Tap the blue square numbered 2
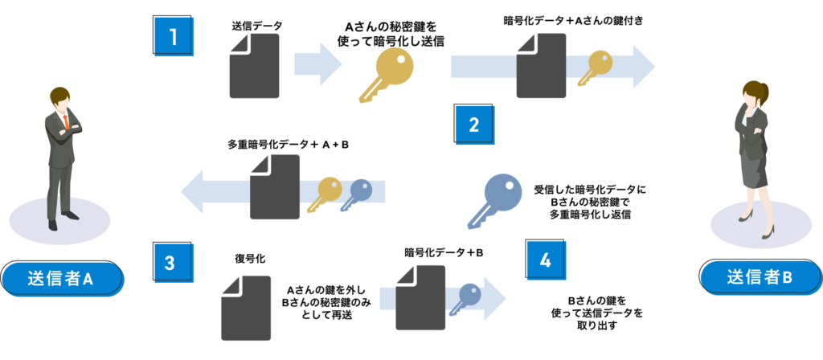(x=473, y=124)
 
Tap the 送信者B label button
(x=760, y=278)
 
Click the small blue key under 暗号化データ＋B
(x=465, y=300)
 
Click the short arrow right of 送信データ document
(x=318, y=63)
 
